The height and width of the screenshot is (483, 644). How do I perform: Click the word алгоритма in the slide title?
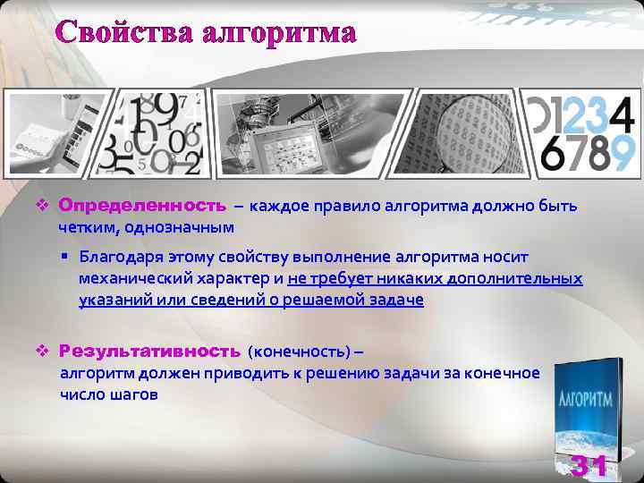click(279, 33)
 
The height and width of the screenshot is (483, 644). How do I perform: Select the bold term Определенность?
click(143, 207)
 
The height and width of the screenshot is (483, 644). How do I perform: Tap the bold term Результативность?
click(150, 351)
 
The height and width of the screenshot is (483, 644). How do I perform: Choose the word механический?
click(131, 279)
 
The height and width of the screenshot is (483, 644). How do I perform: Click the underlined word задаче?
click(393, 301)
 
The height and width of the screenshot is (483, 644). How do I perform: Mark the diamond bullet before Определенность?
click(42, 207)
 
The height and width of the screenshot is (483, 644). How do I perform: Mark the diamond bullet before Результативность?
click(42, 351)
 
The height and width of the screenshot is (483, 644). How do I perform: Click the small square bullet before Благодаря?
click(66, 258)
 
